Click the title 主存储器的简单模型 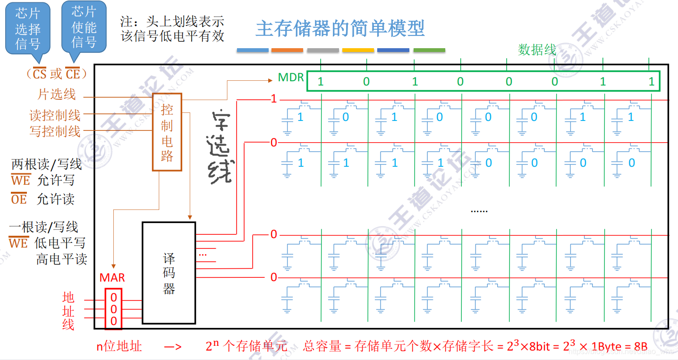pyautogui.click(x=340, y=28)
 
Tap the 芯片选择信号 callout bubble pyautogui.click(x=27, y=28)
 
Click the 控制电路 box pyautogui.click(x=167, y=132)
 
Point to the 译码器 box pyautogui.click(x=169, y=273)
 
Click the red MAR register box pyautogui.click(x=113, y=309)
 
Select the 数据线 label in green pyautogui.click(x=537, y=50)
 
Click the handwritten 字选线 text pyautogui.click(x=221, y=146)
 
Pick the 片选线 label pyautogui.click(x=57, y=94)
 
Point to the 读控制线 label pyautogui.click(x=55, y=115)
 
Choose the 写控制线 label pyautogui.click(x=55, y=131)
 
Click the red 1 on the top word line pyautogui.click(x=273, y=99)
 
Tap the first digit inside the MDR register pyautogui.click(x=321, y=81)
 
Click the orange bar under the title pyautogui.click(x=287, y=50)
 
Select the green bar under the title pyautogui.click(x=429, y=50)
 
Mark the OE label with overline pyautogui.click(x=19, y=199)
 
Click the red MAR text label pyautogui.click(x=112, y=278)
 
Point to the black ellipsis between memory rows pyautogui.click(x=479, y=210)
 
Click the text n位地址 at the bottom pyautogui.click(x=119, y=346)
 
